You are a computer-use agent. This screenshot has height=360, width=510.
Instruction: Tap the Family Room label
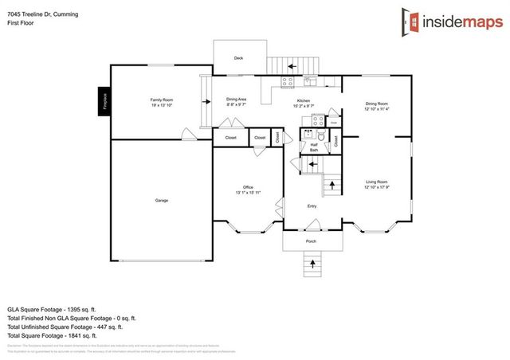click(x=156, y=100)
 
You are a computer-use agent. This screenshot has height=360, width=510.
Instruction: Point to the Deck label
click(x=237, y=58)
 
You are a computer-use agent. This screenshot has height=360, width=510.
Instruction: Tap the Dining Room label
click(x=376, y=103)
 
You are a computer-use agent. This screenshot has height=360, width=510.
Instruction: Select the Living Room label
click(x=377, y=182)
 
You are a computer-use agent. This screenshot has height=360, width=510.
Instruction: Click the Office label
click(x=248, y=187)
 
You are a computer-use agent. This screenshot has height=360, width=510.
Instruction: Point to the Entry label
click(x=312, y=206)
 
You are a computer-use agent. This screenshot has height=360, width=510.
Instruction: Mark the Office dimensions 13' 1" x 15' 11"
click(x=248, y=192)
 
